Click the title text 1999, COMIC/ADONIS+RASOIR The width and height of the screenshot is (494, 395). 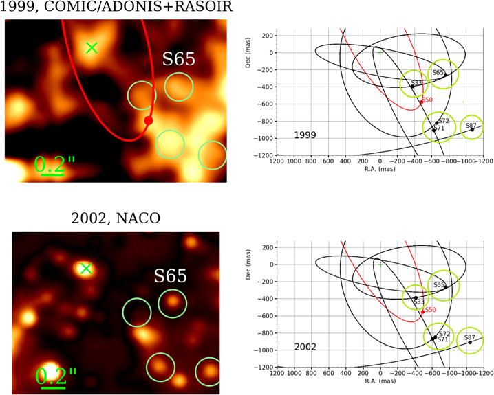[116, 8]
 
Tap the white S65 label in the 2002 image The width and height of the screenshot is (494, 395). [170, 275]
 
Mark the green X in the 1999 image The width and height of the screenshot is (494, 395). [92, 47]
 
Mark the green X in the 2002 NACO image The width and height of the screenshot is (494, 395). [85, 269]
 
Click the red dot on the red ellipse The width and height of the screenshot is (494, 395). [148, 121]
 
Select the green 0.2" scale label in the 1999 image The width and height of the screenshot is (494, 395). [55, 164]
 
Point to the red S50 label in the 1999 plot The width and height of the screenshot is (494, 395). [427, 100]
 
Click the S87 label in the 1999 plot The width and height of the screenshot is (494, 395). [471, 126]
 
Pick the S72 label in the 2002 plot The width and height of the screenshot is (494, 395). [444, 333]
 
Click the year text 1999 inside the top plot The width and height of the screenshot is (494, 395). [305, 135]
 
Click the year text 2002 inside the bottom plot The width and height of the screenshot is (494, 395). [305, 347]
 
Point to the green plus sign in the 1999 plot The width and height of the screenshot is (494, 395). [380, 52]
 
